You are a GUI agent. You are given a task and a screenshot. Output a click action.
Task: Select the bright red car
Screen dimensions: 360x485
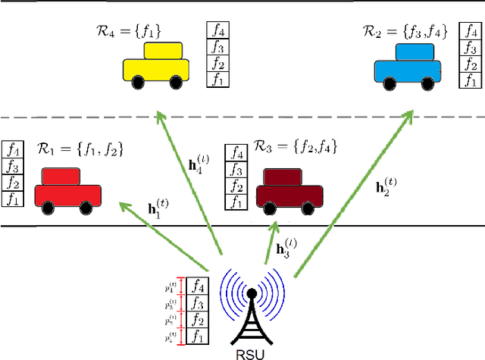(67, 190)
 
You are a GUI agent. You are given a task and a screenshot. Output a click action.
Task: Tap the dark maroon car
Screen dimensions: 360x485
(289, 190)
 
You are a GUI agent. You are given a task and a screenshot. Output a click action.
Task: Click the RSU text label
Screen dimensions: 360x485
(251, 352)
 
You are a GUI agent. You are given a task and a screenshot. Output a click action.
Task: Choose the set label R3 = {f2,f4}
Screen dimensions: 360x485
(295, 146)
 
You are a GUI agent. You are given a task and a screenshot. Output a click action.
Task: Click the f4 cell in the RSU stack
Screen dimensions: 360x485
(199, 286)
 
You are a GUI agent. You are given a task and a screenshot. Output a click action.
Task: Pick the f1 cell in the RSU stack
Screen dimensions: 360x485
(199, 334)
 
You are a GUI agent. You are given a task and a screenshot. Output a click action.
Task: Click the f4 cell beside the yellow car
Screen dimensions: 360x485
(217, 31)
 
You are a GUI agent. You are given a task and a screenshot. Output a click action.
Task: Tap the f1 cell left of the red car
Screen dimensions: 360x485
(13, 199)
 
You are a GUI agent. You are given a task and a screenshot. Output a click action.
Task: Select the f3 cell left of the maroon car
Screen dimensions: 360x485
(237, 169)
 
